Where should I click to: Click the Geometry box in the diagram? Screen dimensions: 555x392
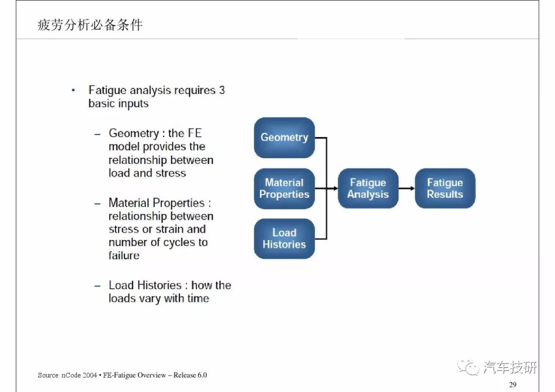coord(284,138)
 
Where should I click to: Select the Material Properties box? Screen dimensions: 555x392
coord(284,189)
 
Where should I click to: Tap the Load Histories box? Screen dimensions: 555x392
coord(284,239)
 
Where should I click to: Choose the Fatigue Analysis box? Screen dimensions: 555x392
coord(368,188)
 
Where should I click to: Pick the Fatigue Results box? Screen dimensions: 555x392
coord(445,188)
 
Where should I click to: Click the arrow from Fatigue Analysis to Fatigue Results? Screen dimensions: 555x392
coord(406,188)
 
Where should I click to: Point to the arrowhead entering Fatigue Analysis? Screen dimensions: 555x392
coord(335,188)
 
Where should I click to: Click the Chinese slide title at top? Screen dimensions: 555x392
coord(90,25)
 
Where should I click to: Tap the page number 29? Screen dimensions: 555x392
coord(512,385)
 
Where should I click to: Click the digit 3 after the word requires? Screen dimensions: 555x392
coord(221,90)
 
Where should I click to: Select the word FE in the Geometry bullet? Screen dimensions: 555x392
coord(194,133)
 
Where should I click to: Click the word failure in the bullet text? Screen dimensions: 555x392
coord(124,255)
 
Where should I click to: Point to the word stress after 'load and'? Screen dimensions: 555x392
coord(171,173)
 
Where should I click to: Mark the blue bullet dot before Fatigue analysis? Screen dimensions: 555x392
coord(73,90)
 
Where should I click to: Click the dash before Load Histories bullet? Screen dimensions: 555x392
coord(97,286)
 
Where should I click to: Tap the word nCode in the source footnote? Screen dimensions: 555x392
coord(71,375)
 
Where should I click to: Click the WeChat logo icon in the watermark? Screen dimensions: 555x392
coord(468,367)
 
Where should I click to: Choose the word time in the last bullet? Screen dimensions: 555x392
coord(198,298)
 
